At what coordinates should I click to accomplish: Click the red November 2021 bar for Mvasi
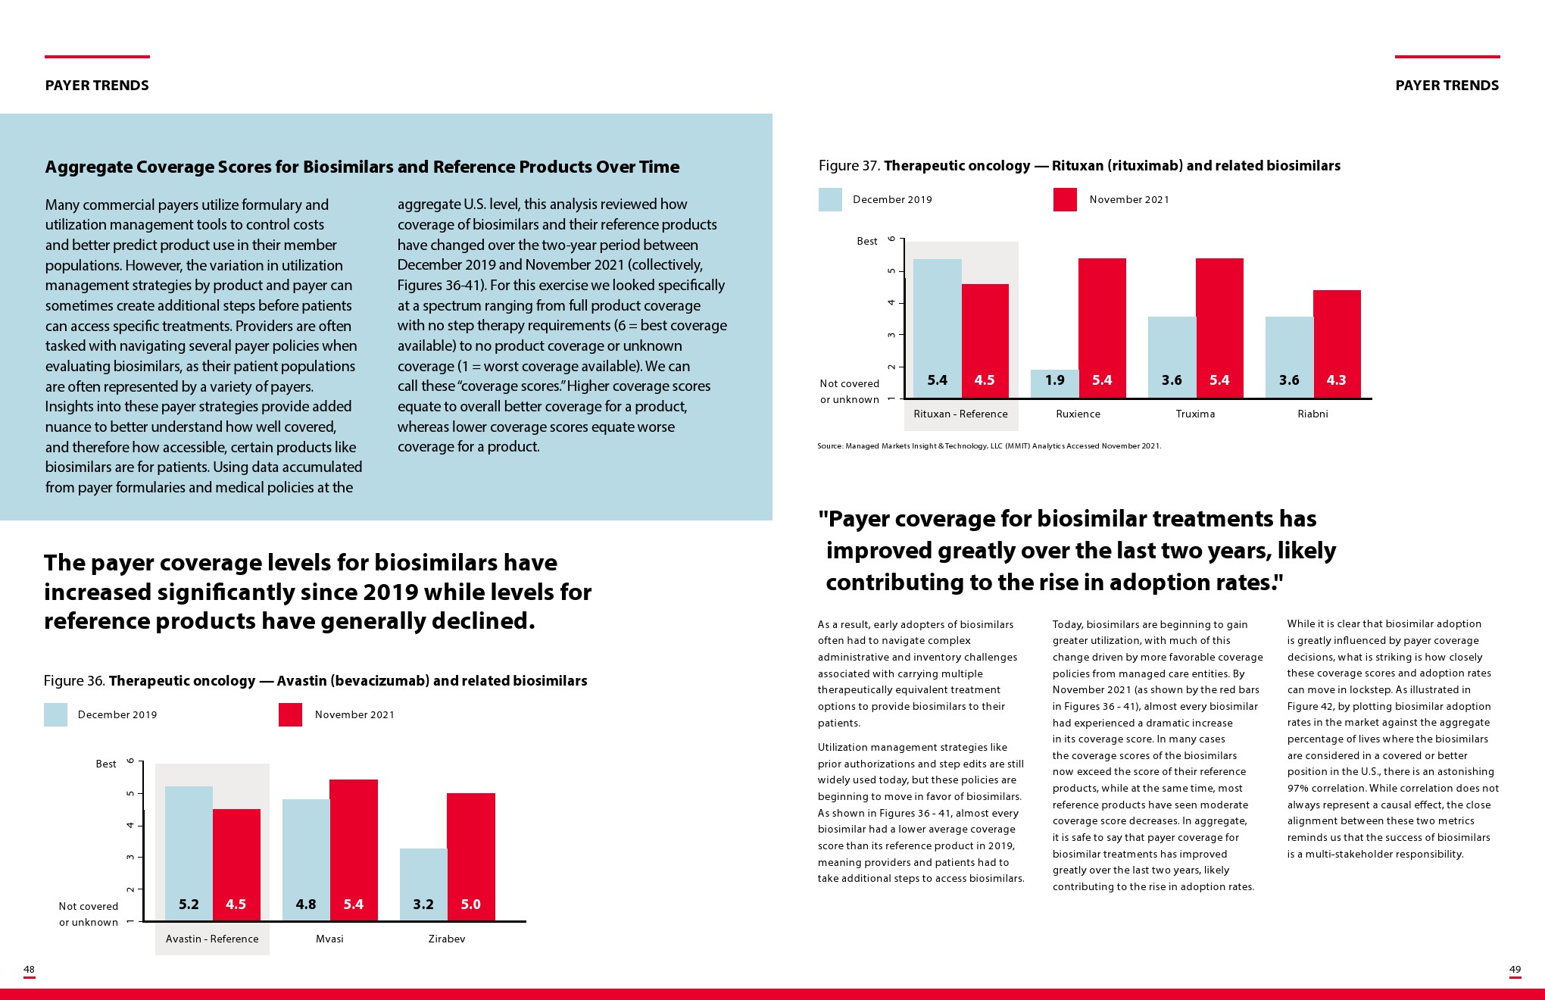click(354, 841)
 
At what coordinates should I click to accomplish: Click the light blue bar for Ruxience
click(1054, 383)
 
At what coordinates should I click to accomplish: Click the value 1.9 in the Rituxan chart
click(1054, 380)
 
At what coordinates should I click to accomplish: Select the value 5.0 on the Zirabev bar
click(470, 905)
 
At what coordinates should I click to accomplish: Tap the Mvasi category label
click(329, 939)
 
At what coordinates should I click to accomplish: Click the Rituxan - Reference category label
click(960, 414)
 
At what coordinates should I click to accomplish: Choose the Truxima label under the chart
click(1195, 414)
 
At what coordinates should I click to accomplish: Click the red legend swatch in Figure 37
click(1065, 200)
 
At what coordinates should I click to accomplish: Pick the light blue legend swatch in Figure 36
click(55, 715)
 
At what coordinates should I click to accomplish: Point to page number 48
click(29, 970)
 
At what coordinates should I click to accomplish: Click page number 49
click(1515, 970)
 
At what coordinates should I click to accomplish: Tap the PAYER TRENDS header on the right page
click(1447, 86)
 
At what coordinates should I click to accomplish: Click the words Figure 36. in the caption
click(74, 681)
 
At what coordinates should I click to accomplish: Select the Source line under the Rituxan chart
click(988, 446)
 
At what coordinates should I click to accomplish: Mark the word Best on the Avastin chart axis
click(106, 764)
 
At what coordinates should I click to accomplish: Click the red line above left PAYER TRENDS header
click(97, 57)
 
